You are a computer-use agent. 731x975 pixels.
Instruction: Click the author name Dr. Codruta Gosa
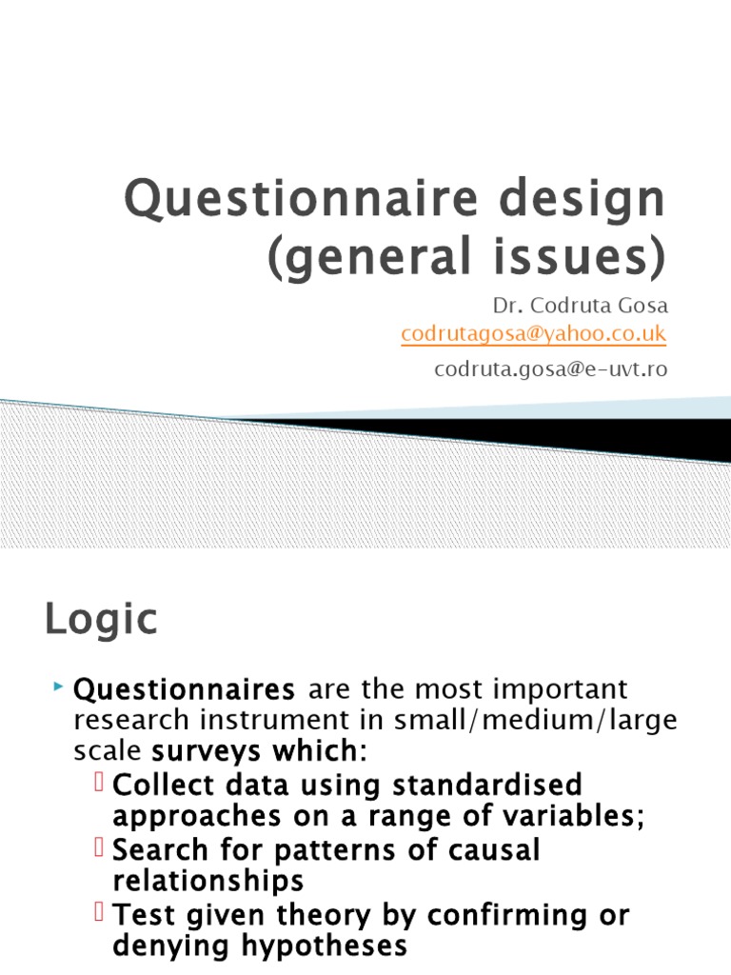[x=580, y=307]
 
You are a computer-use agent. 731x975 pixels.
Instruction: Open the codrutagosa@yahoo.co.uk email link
[x=533, y=334]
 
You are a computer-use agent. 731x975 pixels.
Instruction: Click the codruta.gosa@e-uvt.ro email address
[x=550, y=369]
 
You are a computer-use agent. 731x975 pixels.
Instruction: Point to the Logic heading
[x=101, y=621]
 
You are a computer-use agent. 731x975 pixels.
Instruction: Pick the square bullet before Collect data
[x=103, y=785]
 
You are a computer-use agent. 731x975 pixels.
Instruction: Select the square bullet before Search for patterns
[x=103, y=849]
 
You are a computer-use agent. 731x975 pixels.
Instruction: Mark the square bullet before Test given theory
[x=103, y=914]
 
